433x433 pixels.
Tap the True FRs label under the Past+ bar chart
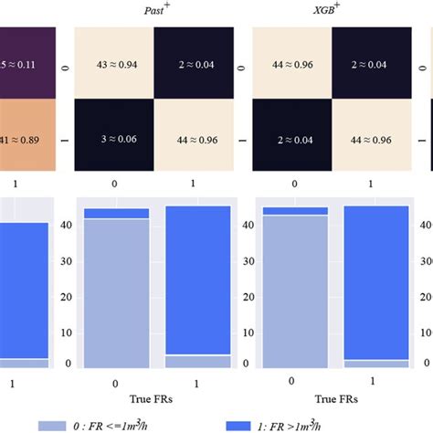tap(153, 398)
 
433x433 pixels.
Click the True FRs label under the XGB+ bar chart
tap(331, 398)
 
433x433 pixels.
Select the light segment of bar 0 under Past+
tap(117, 292)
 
